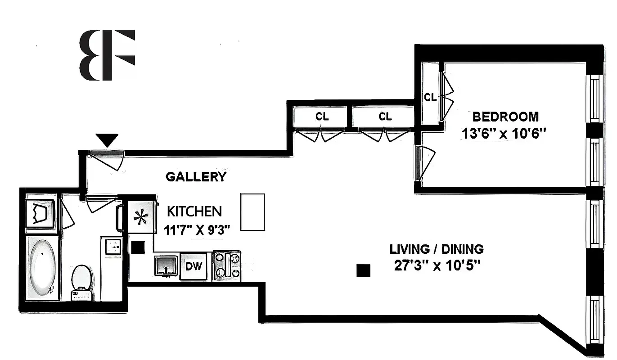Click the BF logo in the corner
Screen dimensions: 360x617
(x=107, y=55)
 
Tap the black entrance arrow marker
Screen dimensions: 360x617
(x=107, y=140)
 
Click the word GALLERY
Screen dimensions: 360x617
(x=196, y=177)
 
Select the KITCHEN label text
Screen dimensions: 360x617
(x=194, y=211)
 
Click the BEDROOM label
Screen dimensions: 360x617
(x=505, y=117)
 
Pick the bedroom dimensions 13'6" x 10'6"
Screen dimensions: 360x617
(x=504, y=133)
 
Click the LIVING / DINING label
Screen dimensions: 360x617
(x=436, y=249)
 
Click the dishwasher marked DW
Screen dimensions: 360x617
(x=193, y=266)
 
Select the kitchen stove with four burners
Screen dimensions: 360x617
(x=227, y=265)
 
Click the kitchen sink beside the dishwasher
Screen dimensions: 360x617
(x=166, y=265)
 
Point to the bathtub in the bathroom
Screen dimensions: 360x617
(x=42, y=267)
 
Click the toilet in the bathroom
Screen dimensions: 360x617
(x=82, y=281)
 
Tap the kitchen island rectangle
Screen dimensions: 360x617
(x=252, y=212)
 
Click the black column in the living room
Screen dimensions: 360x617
(x=363, y=270)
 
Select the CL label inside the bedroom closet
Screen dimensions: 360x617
(x=430, y=97)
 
